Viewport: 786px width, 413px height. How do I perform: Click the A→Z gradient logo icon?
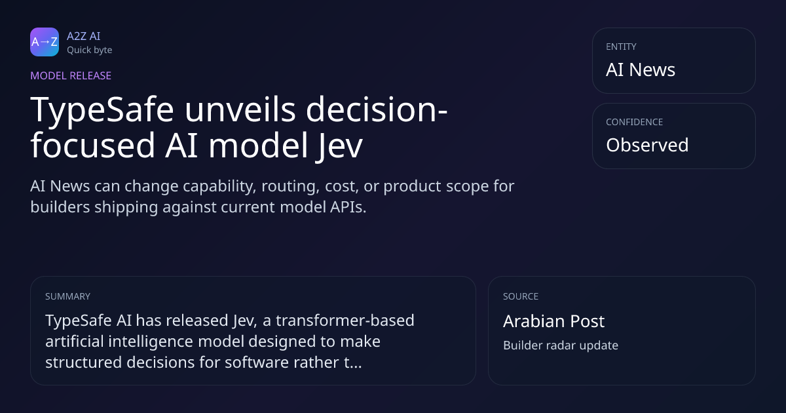click(45, 42)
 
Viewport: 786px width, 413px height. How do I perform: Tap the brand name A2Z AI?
click(84, 36)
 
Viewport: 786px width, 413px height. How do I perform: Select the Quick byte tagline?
click(90, 50)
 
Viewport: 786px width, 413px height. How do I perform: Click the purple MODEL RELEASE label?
click(71, 75)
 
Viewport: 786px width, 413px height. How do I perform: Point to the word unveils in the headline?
click(240, 109)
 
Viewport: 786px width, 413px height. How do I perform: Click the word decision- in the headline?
click(377, 109)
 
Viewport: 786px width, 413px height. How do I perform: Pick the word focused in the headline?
click(92, 145)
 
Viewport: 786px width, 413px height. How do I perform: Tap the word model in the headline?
click(258, 145)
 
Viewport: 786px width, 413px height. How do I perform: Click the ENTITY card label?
click(621, 47)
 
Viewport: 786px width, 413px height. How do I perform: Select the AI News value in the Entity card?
click(641, 69)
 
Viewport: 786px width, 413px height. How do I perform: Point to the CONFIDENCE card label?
click(635, 122)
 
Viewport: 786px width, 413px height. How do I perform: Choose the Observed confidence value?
click(647, 145)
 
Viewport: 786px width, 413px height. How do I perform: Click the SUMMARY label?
click(67, 296)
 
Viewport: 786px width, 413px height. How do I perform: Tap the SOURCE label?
click(521, 296)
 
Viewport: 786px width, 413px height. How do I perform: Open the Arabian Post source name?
click(553, 321)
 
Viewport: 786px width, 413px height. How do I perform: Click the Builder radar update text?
click(561, 345)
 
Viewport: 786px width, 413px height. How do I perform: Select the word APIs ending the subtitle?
click(348, 207)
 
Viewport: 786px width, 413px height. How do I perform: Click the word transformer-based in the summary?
click(345, 321)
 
